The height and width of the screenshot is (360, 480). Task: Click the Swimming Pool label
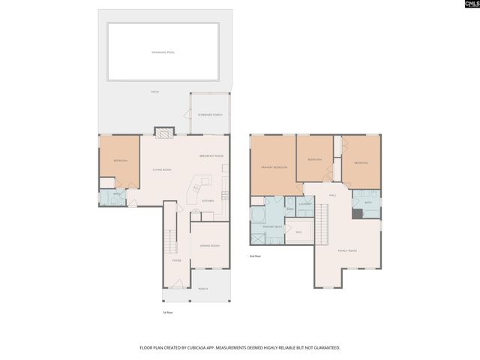[163, 52]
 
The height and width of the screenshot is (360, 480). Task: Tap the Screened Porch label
[210, 115]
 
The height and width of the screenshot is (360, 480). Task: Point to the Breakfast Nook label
[211, 155]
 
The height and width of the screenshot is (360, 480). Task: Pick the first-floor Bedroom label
[120, 160]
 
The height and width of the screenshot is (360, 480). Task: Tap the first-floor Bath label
[117, 194]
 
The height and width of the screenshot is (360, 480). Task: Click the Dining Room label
[209, 246]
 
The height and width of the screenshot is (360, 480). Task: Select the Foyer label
[176, 260]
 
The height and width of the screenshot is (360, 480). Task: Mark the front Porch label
[203, 289]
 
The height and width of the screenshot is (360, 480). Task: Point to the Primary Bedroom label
[274, 166]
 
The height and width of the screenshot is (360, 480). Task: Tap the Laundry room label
[304, 203]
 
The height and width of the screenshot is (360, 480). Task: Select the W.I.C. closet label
[298, 232]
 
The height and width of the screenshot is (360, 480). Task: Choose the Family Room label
[346, 250]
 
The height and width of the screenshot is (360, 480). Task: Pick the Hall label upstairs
[331, 195]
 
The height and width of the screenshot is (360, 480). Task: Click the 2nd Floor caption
[255, 256]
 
